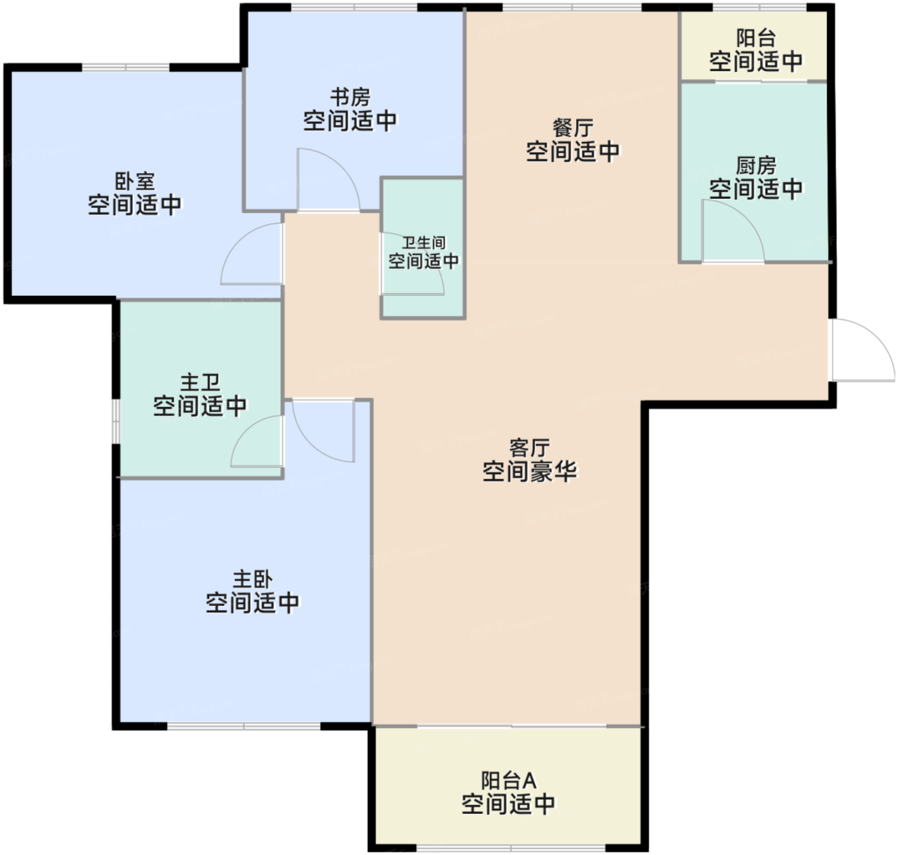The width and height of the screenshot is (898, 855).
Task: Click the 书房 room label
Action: pos(350,98)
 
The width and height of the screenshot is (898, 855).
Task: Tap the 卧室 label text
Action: pos(135,181)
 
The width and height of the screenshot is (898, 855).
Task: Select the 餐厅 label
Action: pos(573,128)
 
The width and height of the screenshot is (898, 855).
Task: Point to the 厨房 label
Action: pos(756,165)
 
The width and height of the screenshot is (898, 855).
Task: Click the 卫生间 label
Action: pos(423,243)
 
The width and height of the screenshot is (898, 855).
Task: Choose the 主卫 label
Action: pos(200,382)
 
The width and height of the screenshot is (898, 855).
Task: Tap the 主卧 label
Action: pos(253,579)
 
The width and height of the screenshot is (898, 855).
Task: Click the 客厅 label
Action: pos(529,447)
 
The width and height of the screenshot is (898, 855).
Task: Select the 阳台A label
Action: pos(509,781)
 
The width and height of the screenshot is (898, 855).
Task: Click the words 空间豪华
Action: pos(529,471)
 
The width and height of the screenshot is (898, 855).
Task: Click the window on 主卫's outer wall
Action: pos(116,421)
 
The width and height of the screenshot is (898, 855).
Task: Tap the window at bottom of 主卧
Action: pos(244,725)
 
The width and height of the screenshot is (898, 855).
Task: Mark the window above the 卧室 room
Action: pos(126,67)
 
